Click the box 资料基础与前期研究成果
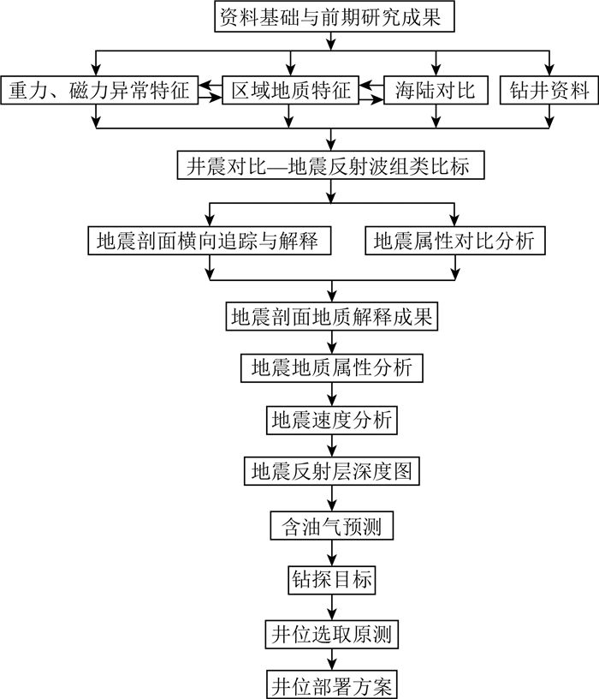click(330, 17)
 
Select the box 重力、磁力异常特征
click(101, 89)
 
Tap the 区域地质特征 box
click(291, 89)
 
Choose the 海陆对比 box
click(436, 89)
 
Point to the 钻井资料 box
click(548, 89)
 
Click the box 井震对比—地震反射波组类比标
click(330, 165)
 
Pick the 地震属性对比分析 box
click(454, 241)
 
